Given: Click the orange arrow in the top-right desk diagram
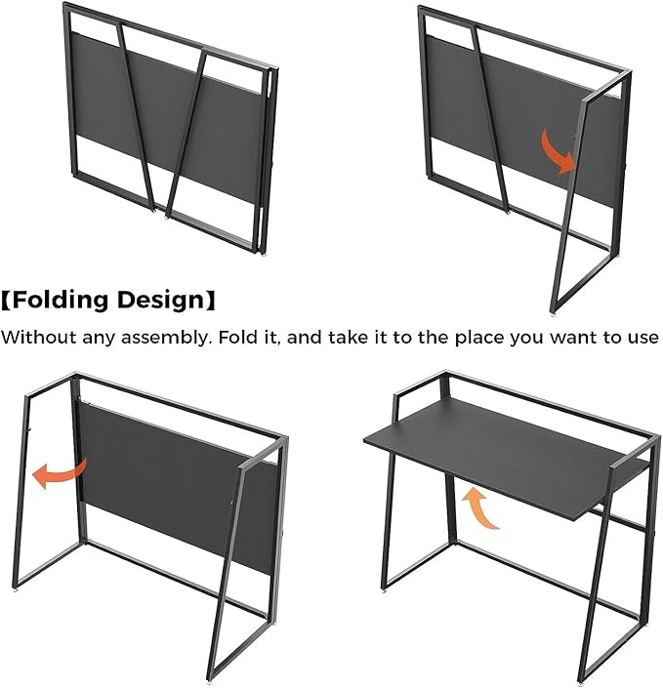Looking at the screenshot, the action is pos(558,151).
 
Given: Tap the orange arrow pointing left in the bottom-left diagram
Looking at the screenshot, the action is pos(60,472).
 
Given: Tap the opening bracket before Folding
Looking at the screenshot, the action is pos(6,301).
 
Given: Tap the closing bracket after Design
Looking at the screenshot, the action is pos(211,301).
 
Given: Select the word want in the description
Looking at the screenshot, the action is pos(576,339).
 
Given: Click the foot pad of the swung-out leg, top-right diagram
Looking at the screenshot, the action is pos(553,314).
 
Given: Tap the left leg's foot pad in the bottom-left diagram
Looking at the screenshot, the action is pos(18,591).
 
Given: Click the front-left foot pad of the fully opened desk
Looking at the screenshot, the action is pos(385,592).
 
